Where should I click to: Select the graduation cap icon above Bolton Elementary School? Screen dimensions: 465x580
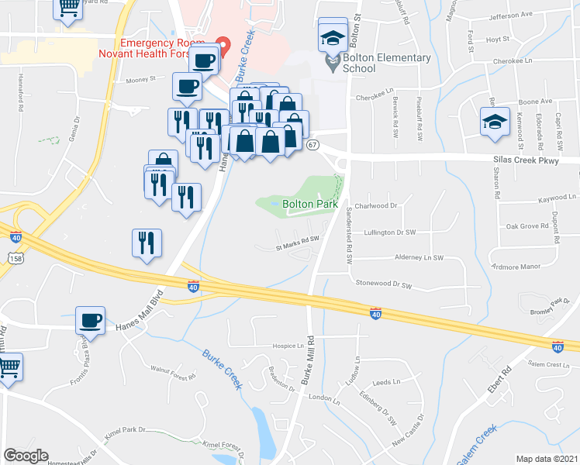pyautogui.click(x=332, y=36)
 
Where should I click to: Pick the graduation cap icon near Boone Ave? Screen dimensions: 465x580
pyautogui.click(x=495, y=122)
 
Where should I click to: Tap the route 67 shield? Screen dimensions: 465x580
pyautogui.click(x=312, y=145)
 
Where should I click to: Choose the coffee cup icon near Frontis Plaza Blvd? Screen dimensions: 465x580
pyautogui.click(x=91, y=320)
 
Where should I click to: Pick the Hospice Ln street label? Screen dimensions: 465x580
pyautogui.click(x=287, y=346)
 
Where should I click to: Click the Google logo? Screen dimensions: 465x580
pyautogui.click(x=26, y=456)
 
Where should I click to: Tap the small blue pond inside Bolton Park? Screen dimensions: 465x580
pyautogui.click(x=275, y=205)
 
